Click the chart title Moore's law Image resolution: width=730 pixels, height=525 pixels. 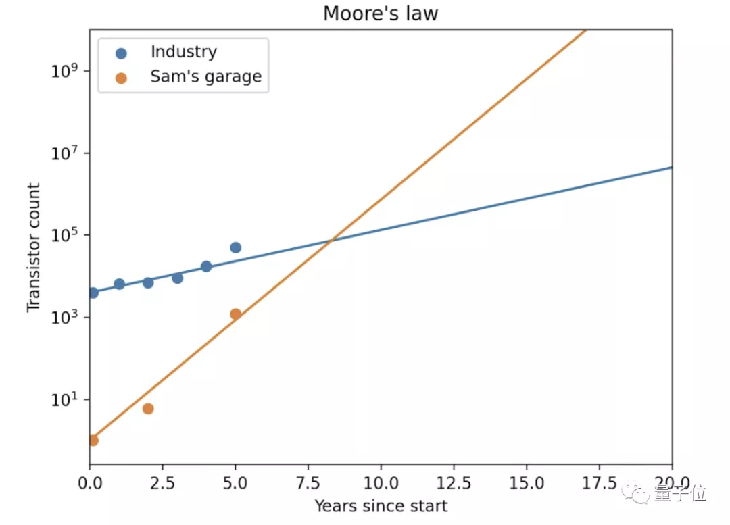pos(381,14)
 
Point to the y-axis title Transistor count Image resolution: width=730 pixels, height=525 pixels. pos(34,248)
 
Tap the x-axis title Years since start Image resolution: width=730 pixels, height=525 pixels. pos(381,505)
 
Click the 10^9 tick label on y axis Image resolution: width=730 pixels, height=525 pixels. pos(66,71)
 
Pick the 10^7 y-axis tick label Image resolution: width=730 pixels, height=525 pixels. pos(66,153)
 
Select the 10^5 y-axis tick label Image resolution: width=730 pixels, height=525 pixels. pos(66,235)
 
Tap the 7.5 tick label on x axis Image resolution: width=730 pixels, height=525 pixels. pos(308,484)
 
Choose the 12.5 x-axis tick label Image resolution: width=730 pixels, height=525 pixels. pos(454,484)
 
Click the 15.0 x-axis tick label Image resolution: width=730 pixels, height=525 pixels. pos(527,484)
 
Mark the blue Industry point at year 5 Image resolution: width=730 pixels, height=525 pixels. pos(235,247)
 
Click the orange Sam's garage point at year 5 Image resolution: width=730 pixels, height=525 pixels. pos(235,314)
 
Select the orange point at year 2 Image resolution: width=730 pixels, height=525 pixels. pos(148,409)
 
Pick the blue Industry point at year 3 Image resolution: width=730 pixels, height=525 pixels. pos(177,278)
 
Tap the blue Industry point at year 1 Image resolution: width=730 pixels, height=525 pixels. pos(119,284)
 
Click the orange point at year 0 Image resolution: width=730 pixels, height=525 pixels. pos(93,441)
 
